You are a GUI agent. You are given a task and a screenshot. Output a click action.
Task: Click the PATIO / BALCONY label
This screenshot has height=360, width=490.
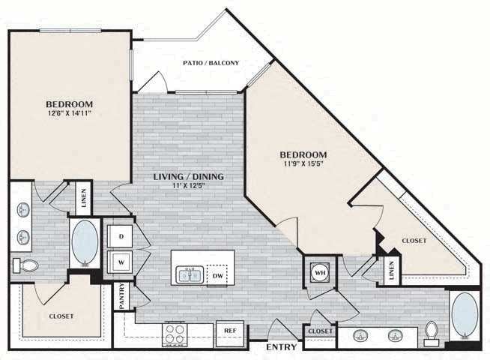(211, 63)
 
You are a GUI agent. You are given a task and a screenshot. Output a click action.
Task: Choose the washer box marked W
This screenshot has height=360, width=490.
(119, 262)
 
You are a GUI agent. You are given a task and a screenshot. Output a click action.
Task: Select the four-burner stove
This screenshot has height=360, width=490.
(176, 332)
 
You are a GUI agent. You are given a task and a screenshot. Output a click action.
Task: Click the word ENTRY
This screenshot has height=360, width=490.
(280, 348)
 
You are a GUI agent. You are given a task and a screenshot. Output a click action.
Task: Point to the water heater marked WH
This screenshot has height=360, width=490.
(318, 271)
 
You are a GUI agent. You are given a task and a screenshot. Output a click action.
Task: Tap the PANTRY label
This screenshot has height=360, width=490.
(120, 295)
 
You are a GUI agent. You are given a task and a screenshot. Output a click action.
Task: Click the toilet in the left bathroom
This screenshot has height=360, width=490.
(27, 265)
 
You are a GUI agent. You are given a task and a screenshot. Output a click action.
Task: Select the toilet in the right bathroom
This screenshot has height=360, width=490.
(432, 332)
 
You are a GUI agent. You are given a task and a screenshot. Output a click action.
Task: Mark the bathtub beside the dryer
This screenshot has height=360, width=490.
(83, 243)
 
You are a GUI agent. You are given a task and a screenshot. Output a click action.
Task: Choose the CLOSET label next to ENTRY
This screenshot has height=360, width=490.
(320, 331)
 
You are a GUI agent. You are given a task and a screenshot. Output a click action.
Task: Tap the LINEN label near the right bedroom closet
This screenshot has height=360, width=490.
(391, 271)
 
